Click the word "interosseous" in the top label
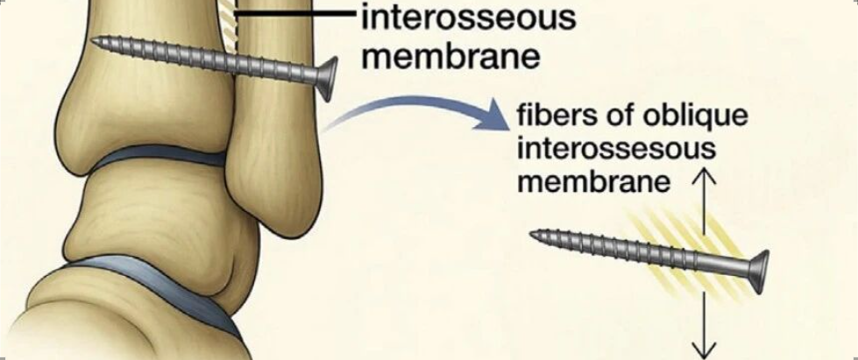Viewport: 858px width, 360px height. [x=468, y=18]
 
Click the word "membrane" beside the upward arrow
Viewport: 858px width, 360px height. [x=595, y=182]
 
